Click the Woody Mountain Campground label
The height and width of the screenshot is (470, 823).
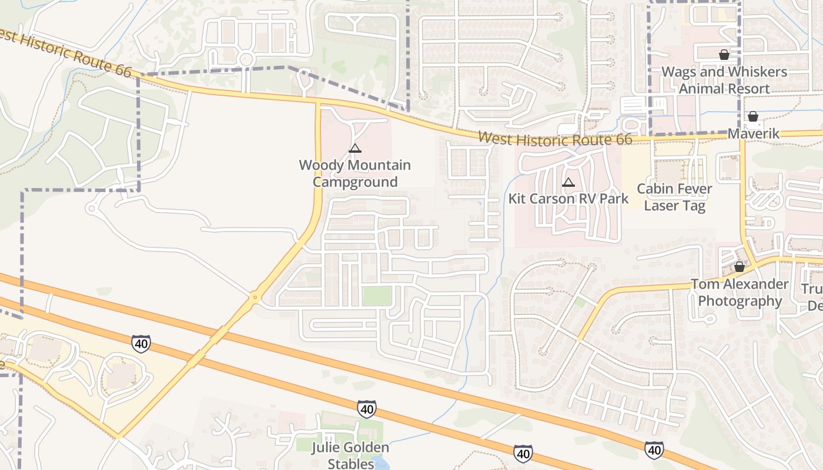click(354, 174)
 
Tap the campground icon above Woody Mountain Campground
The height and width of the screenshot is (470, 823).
click(354, 149)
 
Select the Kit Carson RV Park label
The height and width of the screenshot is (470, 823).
click(568, 199)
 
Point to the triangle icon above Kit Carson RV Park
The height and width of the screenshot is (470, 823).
click(568, 183)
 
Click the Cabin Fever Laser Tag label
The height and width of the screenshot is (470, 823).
click(674, 197)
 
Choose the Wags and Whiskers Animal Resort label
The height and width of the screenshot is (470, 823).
click(724, 80)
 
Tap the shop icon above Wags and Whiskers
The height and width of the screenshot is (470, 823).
click(724, 55)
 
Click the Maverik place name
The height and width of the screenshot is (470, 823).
click(753, 134)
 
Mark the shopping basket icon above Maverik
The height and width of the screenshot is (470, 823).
click(753, 116)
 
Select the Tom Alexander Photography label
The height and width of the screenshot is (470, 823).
click(740, 293)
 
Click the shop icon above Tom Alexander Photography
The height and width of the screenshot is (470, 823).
click(740, 267)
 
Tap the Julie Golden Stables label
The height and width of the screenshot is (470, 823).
click(350, 456)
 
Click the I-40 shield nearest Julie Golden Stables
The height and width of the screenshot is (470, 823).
click(366, 409)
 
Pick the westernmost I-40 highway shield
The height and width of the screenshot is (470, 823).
click(140, 343)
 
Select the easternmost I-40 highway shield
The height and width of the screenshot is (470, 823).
click(654, 450)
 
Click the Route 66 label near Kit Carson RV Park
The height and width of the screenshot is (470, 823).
click(555, 139)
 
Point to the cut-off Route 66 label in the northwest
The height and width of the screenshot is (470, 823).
click(65, 52)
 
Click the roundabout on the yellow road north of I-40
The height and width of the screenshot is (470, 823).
click(255, 297)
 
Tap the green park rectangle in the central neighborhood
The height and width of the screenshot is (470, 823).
click(376, 296)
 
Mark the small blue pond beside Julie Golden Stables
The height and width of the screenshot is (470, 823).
click(381, 464)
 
